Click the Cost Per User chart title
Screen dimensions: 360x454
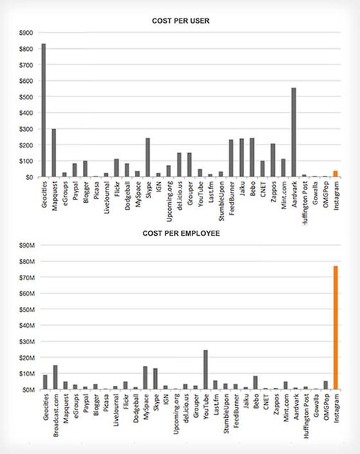180,21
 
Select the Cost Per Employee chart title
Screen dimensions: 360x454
181,233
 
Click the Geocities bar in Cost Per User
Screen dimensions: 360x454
44,110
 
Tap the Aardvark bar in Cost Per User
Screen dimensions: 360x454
294,133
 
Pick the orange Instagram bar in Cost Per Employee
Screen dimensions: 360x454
336,328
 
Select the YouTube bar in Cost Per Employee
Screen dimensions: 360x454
206,370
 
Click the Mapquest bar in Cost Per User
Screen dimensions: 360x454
54,153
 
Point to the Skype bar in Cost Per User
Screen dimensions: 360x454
148,157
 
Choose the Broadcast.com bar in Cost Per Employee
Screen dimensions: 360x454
55,377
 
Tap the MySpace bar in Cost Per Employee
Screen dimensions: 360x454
146,378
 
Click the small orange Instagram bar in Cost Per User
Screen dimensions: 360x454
335,174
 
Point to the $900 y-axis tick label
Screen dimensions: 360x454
26,33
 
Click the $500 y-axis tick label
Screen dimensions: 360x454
26,97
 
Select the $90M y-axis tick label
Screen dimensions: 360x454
27,245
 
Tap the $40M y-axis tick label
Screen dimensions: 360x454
27,326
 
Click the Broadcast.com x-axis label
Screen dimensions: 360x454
56,415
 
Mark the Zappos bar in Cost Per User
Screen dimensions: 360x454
273,160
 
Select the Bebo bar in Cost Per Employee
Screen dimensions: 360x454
256,383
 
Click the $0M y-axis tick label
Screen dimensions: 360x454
28,390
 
